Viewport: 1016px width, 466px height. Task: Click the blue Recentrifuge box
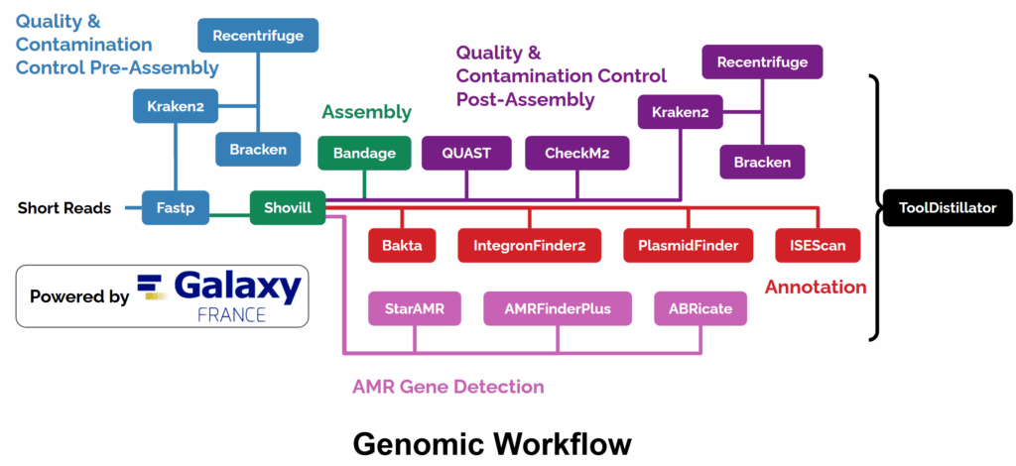pos(258,36)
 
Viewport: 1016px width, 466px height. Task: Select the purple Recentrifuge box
pos(762,62)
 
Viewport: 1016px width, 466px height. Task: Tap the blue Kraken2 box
pos(177,106)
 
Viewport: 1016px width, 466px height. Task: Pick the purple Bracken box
pos(762,161)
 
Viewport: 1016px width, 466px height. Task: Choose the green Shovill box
pos(287,208)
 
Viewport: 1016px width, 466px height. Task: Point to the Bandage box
pos(364,153)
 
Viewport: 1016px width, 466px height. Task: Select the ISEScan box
pos(817,245)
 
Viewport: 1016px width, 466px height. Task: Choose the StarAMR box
pos(414,308)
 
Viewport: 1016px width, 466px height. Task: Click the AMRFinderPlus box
pos(558,308)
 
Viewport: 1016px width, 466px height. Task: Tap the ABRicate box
pos(700,308)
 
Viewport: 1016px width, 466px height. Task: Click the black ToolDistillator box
pos(948,208)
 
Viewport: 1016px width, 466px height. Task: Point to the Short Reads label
pos(64,208)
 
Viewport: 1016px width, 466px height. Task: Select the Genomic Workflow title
pos(491,442)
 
